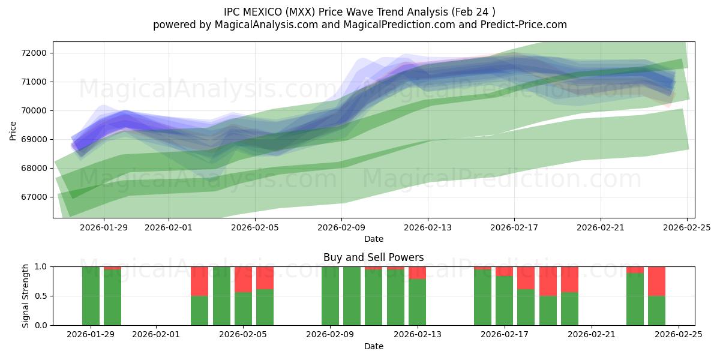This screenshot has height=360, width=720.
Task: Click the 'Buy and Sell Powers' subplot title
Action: (373, 257)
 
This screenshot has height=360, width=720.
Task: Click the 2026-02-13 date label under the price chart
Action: (428, 227)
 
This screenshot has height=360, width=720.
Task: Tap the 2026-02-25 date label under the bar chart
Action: (679, 335)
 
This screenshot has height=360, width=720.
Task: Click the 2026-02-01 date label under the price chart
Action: (169, 227)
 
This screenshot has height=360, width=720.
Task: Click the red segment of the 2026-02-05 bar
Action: (243, 279)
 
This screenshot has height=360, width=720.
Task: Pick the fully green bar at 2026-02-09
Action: (330, 296)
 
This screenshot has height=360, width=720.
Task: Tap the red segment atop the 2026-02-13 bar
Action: (417, 272)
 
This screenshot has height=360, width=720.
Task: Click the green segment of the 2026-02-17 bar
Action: (504, 301)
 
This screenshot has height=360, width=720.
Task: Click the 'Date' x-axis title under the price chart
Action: (373, 239)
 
